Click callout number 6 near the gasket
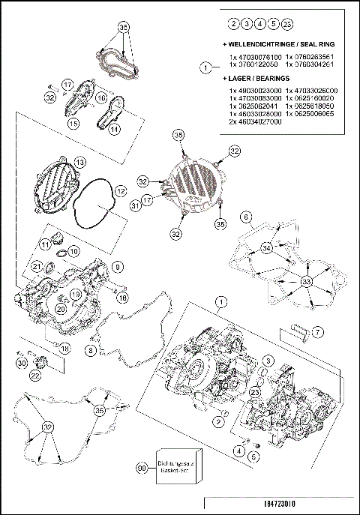(x=244, y=217)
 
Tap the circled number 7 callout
(x=317, y=331)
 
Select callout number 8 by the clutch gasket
(x=91, y=350)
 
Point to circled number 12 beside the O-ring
(x=120, y=192)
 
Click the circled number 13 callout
(x=79, y=162)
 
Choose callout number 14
(x=115, y=129)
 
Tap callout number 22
(x=35, y=375)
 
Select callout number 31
(x=135, y=205)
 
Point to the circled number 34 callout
(x=265, y=248)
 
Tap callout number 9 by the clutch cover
(x=118, y=266)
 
